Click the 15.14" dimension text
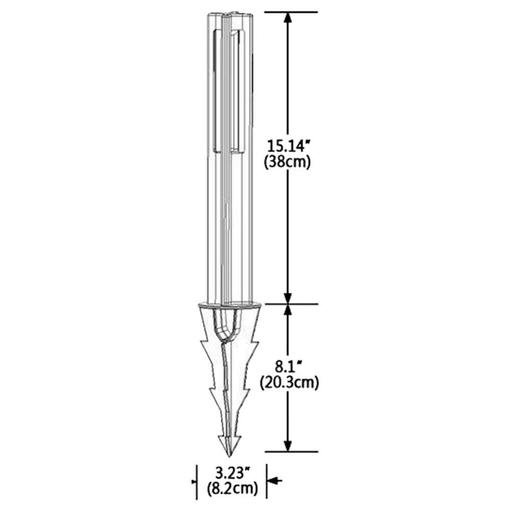pos(287,145)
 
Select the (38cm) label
pos(287,162)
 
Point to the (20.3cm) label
pos(289,383)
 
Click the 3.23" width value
pos(233,473)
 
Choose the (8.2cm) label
pos(232,488)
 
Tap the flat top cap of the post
pos(231,14)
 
